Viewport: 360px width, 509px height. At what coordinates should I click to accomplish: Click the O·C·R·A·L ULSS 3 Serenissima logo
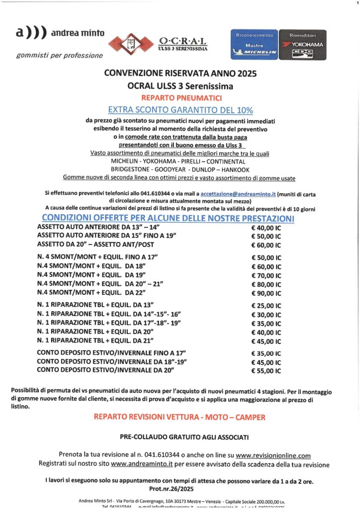pos(158,44)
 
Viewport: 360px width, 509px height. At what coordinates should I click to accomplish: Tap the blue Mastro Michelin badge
pos(255,44)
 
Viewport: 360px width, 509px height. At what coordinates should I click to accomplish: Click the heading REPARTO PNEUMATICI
pos(180,97)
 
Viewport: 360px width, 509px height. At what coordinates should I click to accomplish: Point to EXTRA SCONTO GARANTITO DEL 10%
pos(180,109)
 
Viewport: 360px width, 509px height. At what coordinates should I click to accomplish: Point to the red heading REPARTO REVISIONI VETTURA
pos(180,417)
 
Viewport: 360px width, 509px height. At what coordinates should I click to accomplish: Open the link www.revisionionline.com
pos(273,455)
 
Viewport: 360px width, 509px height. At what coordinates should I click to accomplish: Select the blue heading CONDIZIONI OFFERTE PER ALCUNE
pos(168,218)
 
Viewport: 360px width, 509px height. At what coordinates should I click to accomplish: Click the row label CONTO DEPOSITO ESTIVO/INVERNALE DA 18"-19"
pos(112,362)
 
